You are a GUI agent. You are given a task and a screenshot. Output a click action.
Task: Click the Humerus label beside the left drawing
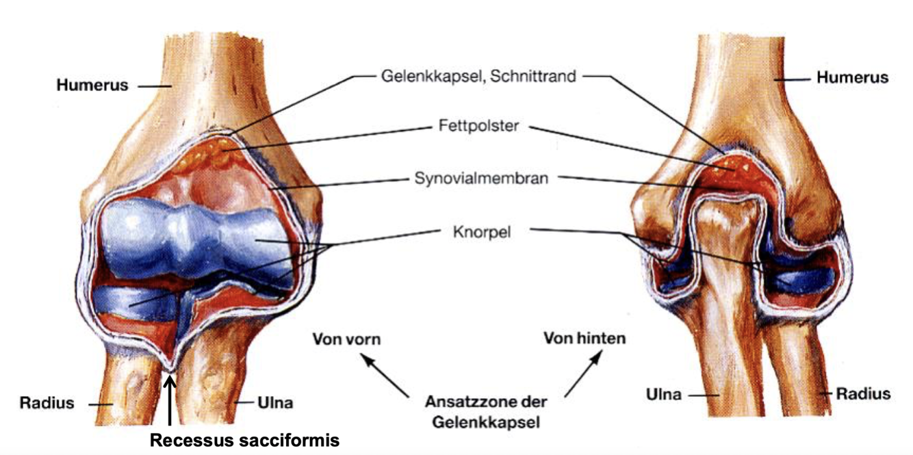coord(92,86)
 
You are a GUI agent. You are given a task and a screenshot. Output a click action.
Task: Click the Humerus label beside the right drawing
coord(852,77)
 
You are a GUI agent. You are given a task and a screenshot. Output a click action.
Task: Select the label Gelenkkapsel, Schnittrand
coord(478,76)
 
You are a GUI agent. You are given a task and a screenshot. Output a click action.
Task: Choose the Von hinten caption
coord(584,339)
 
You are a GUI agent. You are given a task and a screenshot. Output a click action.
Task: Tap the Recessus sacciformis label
coord(244,441)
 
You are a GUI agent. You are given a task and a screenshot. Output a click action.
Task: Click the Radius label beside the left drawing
coord(47,402)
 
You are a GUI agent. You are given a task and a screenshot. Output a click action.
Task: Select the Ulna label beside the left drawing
coord(277,402)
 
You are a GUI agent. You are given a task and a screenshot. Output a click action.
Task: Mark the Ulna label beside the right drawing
coord(664,395)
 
